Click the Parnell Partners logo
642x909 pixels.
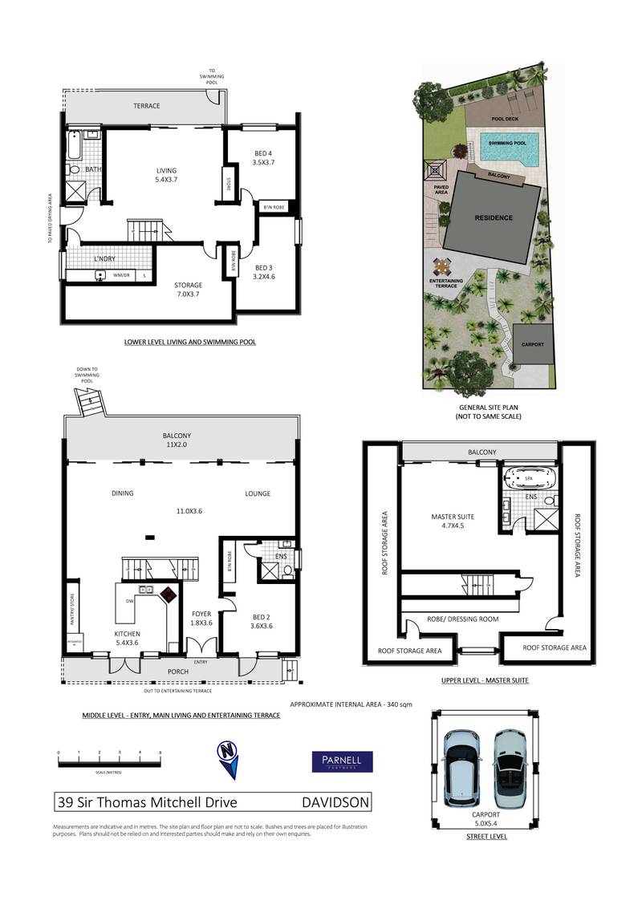tap(342, 761)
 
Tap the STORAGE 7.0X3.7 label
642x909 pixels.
tap(189, 290)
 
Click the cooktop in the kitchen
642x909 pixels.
tap(169, 595)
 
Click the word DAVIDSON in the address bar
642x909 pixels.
tap(335, 801)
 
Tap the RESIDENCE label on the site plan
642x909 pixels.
tap(492, 217)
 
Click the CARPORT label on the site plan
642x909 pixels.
tap(532, 344)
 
